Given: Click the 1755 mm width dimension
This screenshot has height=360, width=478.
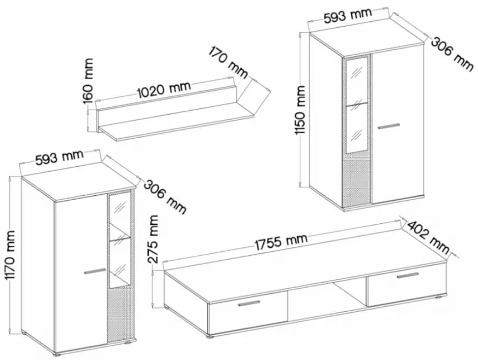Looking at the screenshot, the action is click(282, 242).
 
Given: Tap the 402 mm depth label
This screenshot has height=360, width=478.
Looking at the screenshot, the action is click(428, 237).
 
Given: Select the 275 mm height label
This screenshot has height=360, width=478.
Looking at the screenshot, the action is click(153, 239).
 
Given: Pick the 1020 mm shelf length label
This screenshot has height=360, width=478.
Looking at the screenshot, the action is click(164, 89).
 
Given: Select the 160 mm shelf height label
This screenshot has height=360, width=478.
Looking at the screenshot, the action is click(89, 81).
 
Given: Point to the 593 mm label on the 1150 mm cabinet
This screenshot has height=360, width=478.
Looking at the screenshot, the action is click(347, 15).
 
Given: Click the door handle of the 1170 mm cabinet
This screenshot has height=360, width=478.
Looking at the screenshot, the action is click(95, 271).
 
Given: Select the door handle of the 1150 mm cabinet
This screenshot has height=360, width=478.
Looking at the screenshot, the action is click(389, 126).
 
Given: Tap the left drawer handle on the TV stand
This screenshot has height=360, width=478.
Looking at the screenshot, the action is click(249, 303).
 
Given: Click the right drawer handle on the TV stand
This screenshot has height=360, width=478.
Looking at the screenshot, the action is click(409, 275).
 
